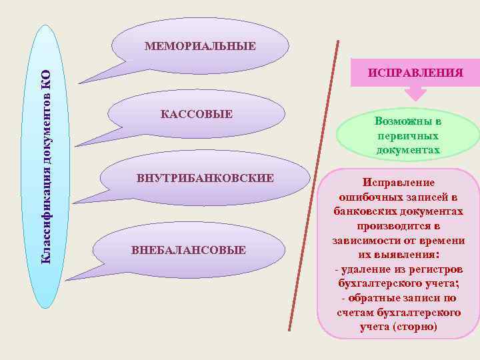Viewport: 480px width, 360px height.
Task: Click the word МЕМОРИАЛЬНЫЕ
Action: (200, 46)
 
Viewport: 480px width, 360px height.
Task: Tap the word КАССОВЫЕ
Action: (197, 115)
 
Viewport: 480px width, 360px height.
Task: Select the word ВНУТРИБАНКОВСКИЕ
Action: (205, 179)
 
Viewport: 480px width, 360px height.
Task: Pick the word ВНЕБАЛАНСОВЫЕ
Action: (189, 250)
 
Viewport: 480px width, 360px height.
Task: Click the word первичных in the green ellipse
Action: (407, 136)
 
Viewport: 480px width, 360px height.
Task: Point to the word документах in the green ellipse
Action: (407, 149)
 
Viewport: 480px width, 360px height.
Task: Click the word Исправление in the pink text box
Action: (398, 181)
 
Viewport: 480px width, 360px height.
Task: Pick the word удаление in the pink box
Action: (368, 269)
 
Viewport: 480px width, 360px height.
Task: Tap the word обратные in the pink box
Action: (383, 298)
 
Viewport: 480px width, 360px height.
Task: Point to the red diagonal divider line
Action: (313, 187)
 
